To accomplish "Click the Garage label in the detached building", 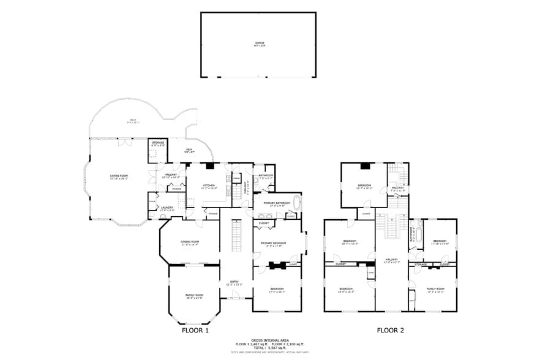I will tap(260, 43).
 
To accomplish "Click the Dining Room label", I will tap(190, 242).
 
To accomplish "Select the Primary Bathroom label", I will tap(277, 204).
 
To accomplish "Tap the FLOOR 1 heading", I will tap(196, 330).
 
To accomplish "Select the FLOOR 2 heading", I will tap(391, 330).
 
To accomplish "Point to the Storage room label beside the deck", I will tap(157, 144).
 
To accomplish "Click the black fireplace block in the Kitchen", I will tap(209, 165).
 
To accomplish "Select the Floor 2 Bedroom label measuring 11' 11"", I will tap(440, 242).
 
